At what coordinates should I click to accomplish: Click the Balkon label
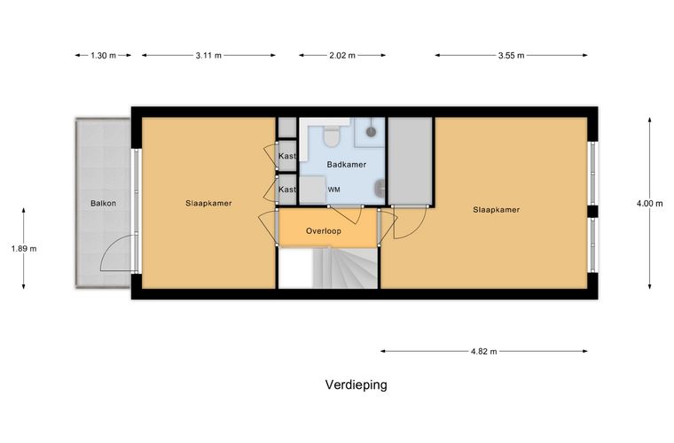[103, 203]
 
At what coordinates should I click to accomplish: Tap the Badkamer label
[347, 164]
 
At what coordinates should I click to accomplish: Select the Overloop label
[324, 230]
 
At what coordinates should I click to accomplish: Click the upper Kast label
[286, 156]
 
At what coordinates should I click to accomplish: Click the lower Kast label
[286, 189]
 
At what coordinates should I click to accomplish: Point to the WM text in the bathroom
[334, 190]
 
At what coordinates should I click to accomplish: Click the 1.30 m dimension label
[104, 55]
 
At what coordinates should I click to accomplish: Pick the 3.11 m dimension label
[208, 55]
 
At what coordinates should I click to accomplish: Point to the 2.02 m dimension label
[342, 55]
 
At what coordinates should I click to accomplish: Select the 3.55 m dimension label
[512, 55]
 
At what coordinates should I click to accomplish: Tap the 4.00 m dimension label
[649, 203]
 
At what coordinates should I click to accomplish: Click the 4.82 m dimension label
[484, 351]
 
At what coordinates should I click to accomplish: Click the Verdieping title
[356, 385]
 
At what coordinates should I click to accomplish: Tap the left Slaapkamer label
[209, 203]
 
